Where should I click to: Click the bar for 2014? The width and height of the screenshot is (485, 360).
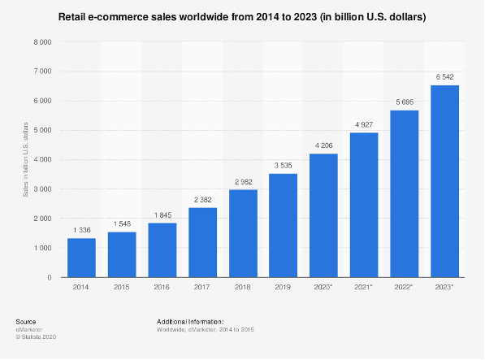click(81, 258)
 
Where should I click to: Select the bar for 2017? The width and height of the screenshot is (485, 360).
click(202, 242)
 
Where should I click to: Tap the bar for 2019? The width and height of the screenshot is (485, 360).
click(283, 225)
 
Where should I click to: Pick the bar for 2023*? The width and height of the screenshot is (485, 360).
click(444, 181)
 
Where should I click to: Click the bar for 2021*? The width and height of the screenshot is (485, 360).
click(364, 205)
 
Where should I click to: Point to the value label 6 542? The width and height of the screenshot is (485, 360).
click(444, 77)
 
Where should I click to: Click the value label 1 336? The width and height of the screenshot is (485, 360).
click(81, 230)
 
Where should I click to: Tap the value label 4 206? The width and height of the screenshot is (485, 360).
click(323, 145)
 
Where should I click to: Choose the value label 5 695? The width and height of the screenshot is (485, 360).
click(404, 102)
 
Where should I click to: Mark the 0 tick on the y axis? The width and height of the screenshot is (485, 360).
click(50, 277)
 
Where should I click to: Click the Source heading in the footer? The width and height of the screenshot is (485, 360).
click(26, 322)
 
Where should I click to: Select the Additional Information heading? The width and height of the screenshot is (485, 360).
click(189, 322)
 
